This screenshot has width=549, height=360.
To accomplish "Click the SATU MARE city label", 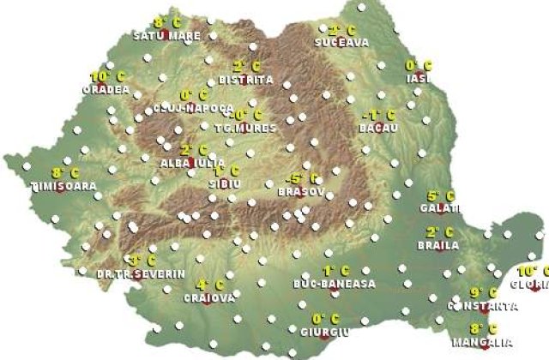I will pyautogui.click(x=167, y=36).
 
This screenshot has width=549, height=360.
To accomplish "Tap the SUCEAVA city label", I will pyautogui.click(x=341, y=42).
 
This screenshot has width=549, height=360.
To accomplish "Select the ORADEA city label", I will pyautogui.click(x=106, y=88).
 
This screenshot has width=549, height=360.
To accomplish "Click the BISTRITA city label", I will pyautogui.click(x=246, y=80).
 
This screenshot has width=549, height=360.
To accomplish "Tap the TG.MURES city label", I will pyautogui.click(x=245, y=129).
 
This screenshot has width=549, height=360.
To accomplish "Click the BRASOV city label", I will pyautogui.click(x=301, y=192).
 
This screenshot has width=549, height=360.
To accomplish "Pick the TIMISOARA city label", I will pyautogui.click(x=58, y=185).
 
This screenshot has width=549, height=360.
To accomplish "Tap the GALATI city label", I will pyautogui.click(x=440, y=208).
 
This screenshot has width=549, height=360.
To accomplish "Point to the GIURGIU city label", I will pyautogui.click(x=326, y=331).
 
